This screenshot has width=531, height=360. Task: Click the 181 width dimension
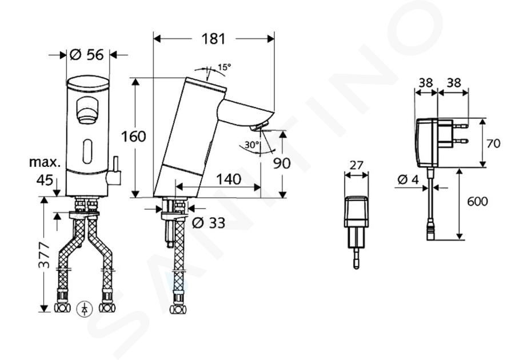213,39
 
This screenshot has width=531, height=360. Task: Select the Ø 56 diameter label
87,54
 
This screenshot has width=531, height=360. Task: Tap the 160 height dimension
133,137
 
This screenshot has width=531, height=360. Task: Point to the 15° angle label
224,67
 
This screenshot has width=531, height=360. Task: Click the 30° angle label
251,145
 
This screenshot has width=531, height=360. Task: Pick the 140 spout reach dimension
229,179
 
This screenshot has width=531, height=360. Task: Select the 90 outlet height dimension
282,163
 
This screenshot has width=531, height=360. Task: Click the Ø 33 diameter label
209,223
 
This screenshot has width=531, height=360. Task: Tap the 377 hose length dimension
43,255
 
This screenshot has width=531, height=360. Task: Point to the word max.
45,162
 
